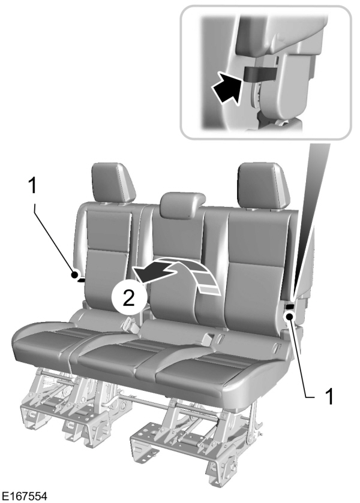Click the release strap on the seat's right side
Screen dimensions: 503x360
(289, 307)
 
